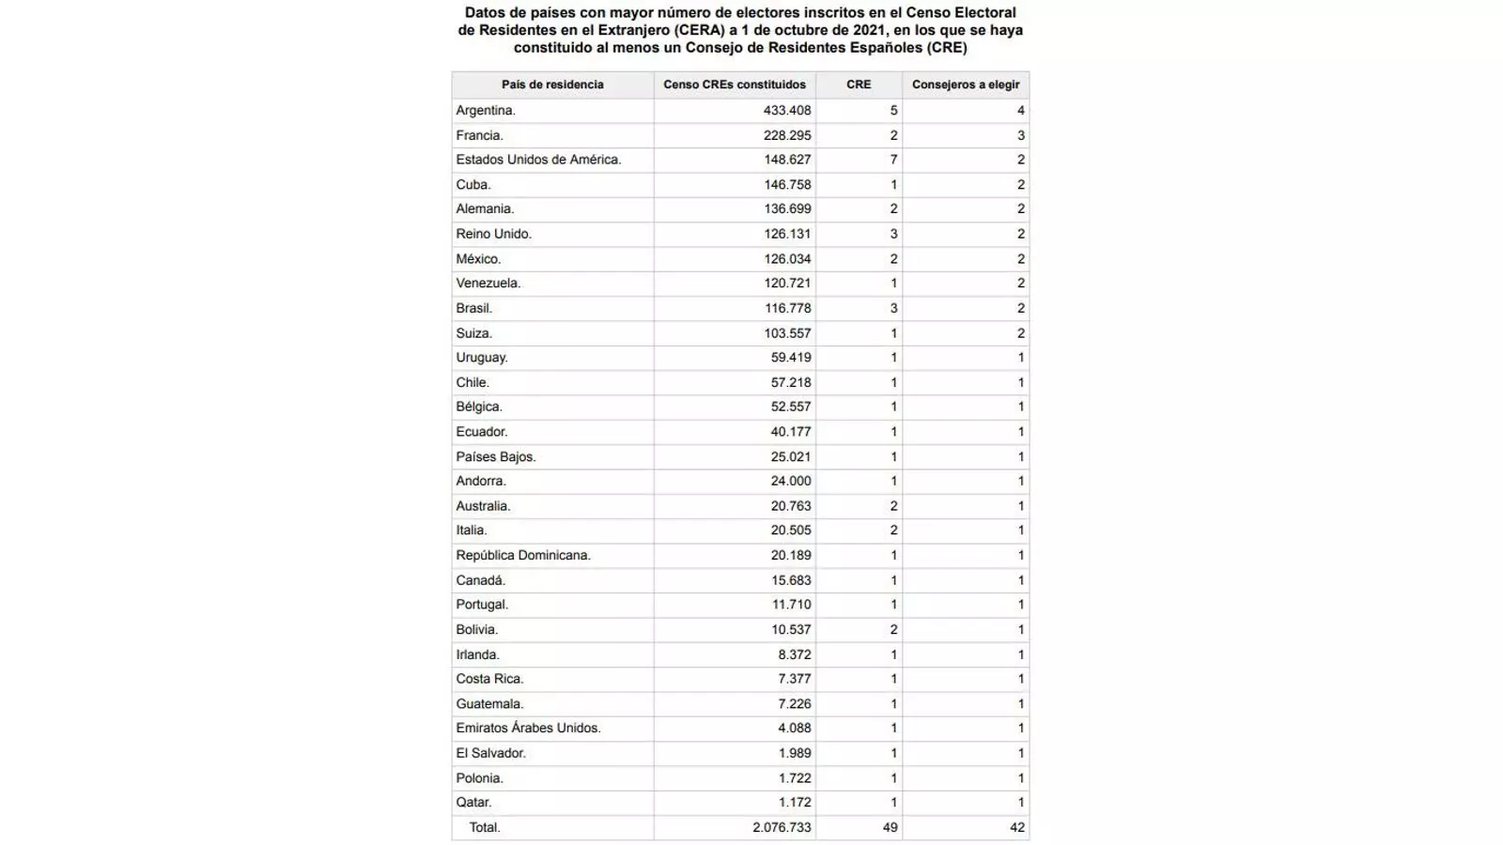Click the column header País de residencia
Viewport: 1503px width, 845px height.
[x=552, y=84]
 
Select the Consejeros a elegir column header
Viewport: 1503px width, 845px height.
[x=966, y=84]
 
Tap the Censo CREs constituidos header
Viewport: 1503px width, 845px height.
[x=735, y=84]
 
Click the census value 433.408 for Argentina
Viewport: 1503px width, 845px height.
[x=787, y=110]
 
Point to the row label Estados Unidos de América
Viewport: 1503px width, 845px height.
[x=538, y=160]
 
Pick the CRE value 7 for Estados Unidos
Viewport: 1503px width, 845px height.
[x=893, y=160]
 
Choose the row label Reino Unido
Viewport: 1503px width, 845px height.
[x=493, y=234]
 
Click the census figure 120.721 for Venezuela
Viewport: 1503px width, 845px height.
[x=787, y=283]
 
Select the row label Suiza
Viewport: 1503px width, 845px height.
[x=473, y=333]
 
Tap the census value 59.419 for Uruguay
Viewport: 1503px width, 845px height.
[x=791, y=358]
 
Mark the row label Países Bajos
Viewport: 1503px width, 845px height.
[x=495, y=456]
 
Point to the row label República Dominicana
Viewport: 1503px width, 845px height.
[x=523, y=555]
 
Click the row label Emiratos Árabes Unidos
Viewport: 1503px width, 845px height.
[x=528, y=728]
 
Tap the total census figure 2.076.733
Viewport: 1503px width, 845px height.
[x=782, y=828]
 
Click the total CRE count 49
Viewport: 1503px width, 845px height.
[x=890, y=828]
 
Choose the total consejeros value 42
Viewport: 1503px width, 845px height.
[x=1016, y=828]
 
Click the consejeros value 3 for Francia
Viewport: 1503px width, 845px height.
[x=1020, y=135]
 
